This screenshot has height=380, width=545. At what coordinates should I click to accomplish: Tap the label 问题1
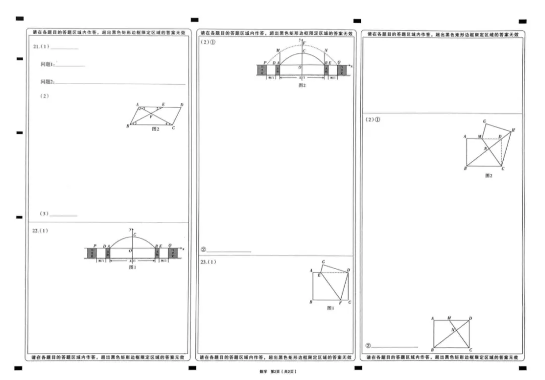click(47, 65)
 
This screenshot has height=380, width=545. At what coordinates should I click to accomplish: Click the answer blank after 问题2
click(121, 83)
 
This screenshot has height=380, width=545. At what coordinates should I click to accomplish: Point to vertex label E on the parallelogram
click(163, 104)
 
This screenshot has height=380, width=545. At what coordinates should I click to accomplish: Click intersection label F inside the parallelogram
click(150, 117)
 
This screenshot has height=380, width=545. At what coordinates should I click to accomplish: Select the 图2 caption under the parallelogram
click(156, 129)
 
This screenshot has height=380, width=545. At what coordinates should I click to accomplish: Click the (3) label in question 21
click(44, 214)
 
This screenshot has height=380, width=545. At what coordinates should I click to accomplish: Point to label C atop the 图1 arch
click(135, 235)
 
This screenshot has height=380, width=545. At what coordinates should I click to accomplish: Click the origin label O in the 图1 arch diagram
click(130, 250)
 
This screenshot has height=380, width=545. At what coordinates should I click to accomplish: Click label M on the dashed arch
click(278, 50)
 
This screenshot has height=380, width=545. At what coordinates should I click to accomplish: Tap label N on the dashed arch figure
click(326, 50)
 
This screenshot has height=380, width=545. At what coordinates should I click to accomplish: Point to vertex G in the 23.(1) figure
click(323, 263)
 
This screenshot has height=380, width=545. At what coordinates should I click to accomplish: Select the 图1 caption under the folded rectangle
click(330, 308)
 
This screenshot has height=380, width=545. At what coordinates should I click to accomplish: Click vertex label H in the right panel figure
click(513, 130)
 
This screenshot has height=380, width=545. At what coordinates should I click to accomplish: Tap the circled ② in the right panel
click(368, 346)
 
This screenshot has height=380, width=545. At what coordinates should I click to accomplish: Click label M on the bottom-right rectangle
click(449, 319)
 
